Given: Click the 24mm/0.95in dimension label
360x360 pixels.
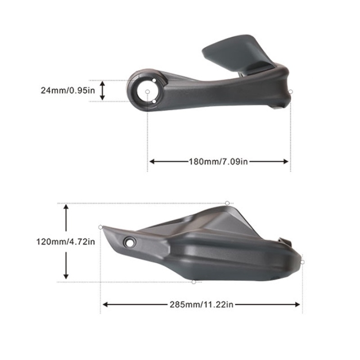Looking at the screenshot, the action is tap(68, 90).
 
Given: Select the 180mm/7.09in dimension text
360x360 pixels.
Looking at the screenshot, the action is tap(218, 162).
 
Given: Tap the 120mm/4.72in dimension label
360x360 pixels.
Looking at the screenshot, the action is tap(66, 242).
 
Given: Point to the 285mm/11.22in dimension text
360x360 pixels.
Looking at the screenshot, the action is tap(201, 305).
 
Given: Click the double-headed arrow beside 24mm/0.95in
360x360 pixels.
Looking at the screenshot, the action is tap(103, 91).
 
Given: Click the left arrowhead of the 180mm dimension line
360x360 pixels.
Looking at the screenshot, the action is tap(152, 162).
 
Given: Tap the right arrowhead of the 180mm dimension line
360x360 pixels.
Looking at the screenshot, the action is tap(286, 162).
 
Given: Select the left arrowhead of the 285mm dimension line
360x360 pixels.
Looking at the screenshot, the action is tap(105, 305).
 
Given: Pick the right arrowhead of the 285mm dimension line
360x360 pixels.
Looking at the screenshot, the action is tap(297, 305).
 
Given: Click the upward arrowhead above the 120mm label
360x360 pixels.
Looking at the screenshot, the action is tap(66, 207).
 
